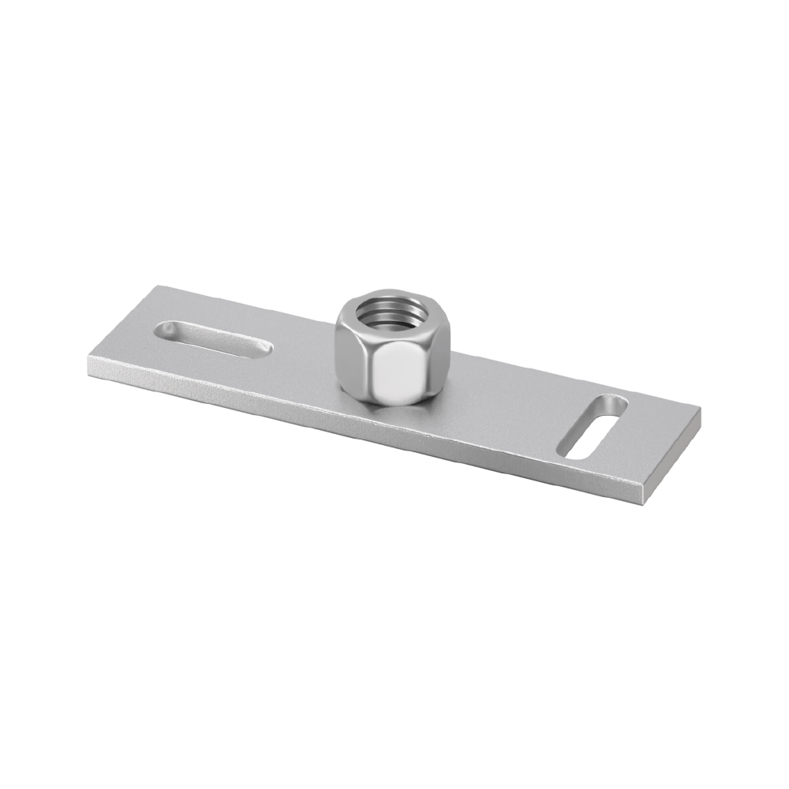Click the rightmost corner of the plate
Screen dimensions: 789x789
pyautogui.click(x=701, y=410)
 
